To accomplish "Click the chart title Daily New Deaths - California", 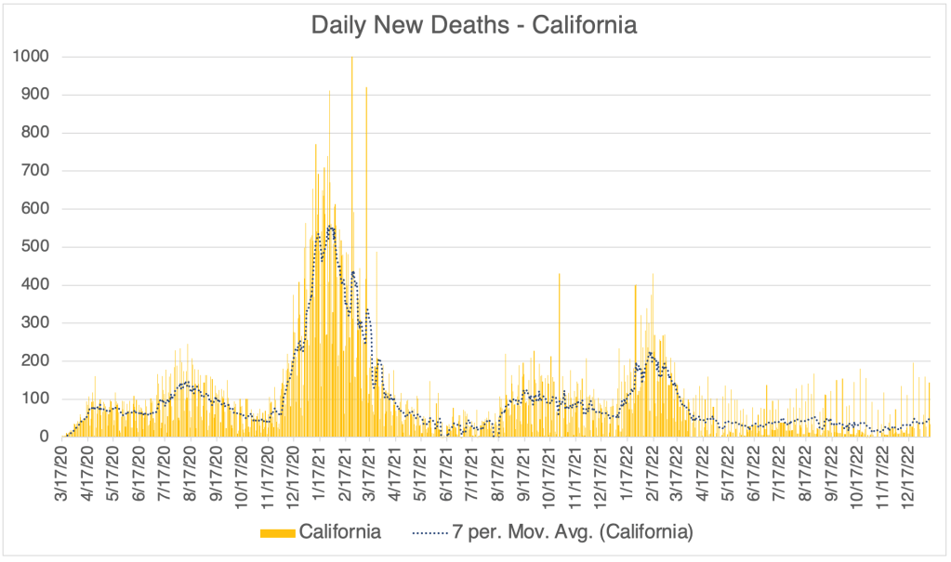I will point(474,25).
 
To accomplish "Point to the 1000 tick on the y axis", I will point(32,57).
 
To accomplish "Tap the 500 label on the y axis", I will point(35,247).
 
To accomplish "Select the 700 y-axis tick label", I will point(35,171).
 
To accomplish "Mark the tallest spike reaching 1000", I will point(351,59).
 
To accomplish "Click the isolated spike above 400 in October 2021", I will point(559,275).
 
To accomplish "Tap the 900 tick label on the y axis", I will point(35,95).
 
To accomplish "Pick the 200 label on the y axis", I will point(35,361).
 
